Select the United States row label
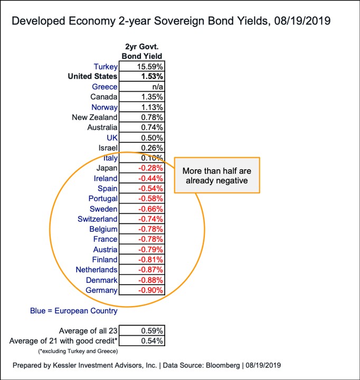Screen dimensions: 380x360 (x=92, y=77)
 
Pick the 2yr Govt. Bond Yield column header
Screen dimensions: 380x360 (x=142, y=51)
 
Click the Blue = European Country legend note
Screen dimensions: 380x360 (x=74, y=311)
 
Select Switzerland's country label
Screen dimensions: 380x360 (x=98, y=218)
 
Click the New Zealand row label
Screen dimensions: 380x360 (x=94, y=117)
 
